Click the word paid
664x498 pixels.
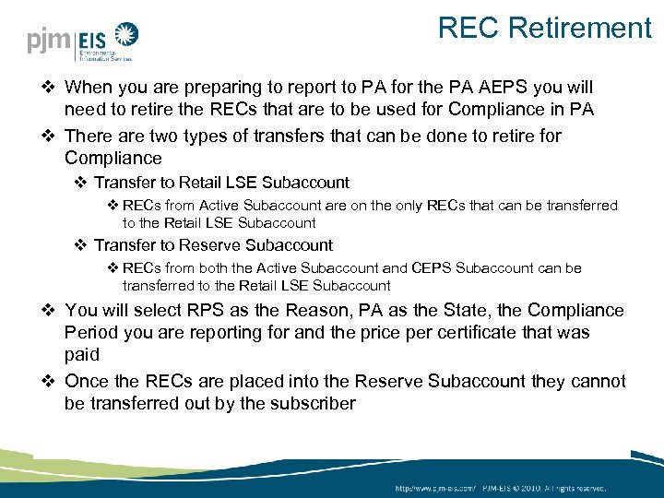[x=81, y=355]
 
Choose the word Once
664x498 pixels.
[x=87, y=382]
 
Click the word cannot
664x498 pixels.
[x=597, y=382]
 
